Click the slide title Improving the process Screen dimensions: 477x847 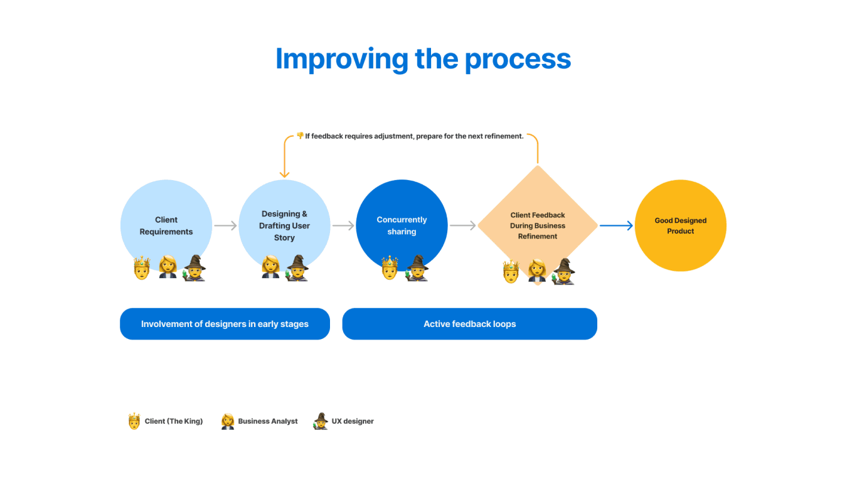click(x=423, y=59)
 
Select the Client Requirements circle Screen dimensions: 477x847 click(x=166, y=225)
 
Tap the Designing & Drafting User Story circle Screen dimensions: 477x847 click(x=284, y=225)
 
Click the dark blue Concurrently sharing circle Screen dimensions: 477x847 click(x=402, y=225)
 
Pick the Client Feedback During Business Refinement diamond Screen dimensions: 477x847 click(x=538, y=225)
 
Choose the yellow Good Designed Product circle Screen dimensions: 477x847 click(x=680, y=225)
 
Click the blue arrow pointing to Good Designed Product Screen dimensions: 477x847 click(x=616, y=225)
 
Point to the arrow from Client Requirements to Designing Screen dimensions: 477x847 click(x=225, y=225)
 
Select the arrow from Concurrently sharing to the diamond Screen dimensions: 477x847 click(x=463, y=225)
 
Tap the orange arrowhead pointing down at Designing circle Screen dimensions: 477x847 click(x=284, y=174)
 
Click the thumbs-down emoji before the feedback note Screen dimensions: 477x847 click(x=300, y=136)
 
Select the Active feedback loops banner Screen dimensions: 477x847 click(x=469, y=324)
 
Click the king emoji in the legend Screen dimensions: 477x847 click(x=134, y=421)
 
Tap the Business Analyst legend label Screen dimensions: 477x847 click(x=268, y=421)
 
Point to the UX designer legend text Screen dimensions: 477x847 click(x=353, y=421)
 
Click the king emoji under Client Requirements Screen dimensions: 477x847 click(x=142, y=268)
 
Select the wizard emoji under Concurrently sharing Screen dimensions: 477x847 click(x=417, y=268)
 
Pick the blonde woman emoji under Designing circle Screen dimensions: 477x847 click(x=270, y=267)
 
